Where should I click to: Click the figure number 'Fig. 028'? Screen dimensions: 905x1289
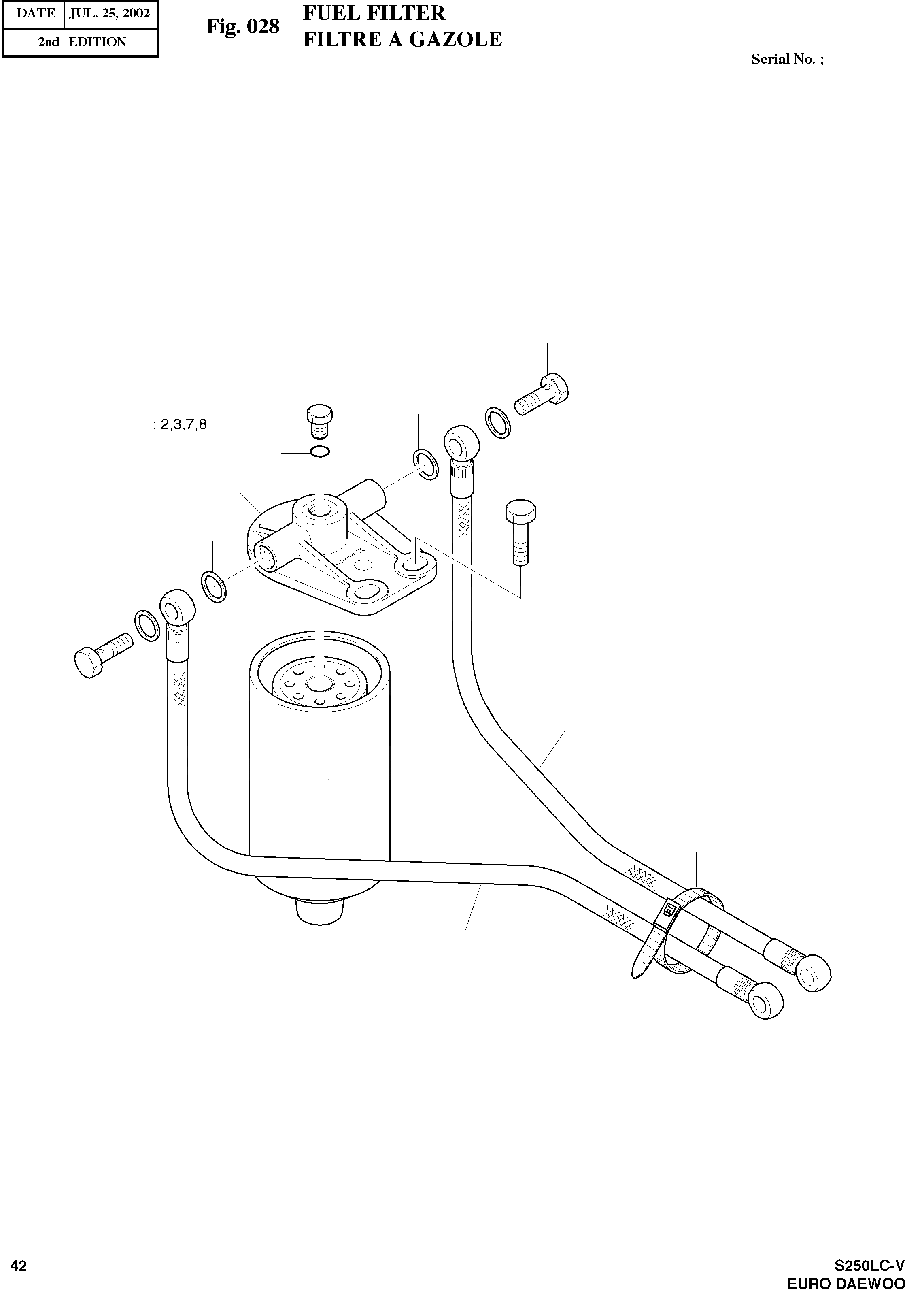242,26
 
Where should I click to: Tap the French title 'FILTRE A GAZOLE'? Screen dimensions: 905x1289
402,39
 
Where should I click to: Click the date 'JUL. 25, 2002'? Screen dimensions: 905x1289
109,13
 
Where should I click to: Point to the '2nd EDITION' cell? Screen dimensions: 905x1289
82,42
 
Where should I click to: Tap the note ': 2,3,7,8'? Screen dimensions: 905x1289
180,425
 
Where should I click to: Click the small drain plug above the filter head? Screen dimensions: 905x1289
320,418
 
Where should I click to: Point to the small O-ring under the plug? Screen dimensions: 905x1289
320,452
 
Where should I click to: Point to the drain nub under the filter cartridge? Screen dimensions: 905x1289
318,913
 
